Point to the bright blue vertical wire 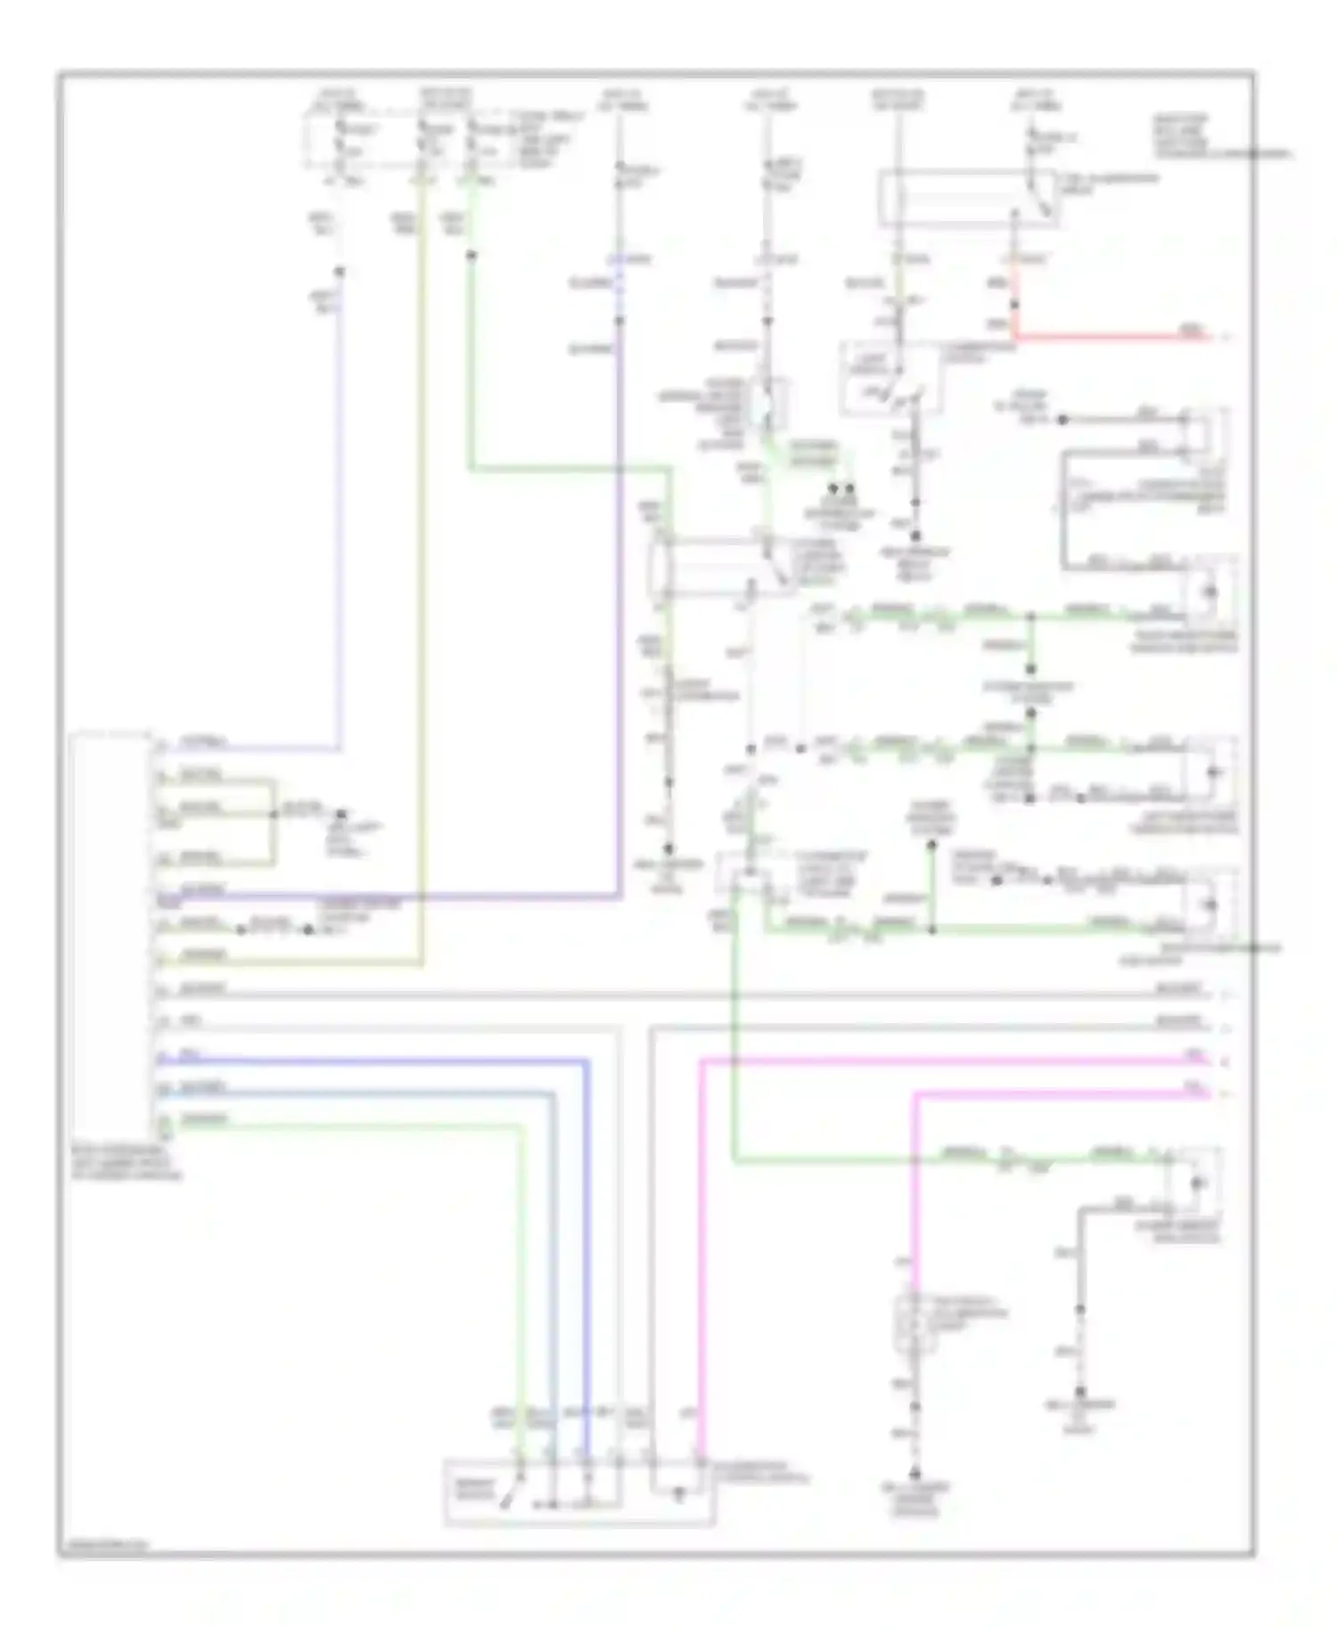click(x=587, y=1248)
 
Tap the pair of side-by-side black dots click(x=841, y=489)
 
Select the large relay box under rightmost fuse click(x=967, y=198)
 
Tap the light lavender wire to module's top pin click(x=340, y=535)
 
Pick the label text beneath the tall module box click(x=125, y=1163)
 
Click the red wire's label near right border click(x=1191, y=332)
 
